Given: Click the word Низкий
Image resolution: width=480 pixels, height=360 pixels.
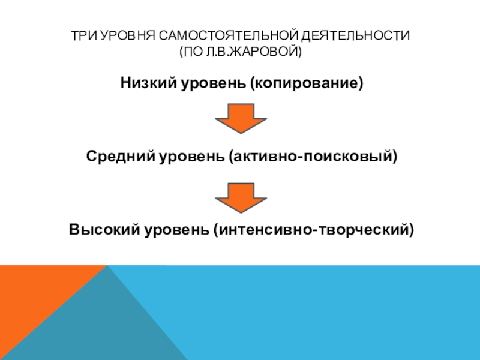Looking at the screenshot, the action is pos(146,82).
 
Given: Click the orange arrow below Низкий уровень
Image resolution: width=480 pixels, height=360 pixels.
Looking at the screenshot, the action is pos(240,118).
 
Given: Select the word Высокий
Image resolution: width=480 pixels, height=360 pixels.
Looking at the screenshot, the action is pos(103,229).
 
